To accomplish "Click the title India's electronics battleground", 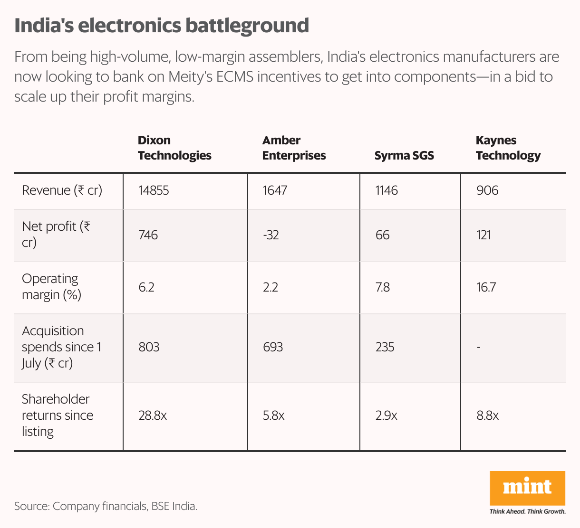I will pos(162,26).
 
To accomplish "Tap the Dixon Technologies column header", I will pos(174,148).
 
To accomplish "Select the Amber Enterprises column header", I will pos(294,148).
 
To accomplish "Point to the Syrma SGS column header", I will pos(404,155).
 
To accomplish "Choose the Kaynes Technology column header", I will pos(508,148).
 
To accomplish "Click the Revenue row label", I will pos(62,190).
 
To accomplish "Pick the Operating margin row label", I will pos(51,287).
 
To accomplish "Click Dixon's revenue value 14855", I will pos(154,190).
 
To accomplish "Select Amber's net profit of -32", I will pos(271,235).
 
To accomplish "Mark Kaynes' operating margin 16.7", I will pos(486,287).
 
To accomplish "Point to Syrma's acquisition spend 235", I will pos(385,347).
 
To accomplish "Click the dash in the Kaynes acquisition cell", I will pos(478,348).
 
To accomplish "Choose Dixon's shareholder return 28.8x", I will pos(153,416).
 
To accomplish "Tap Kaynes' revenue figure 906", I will pos(487,190).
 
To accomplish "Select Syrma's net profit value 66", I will pos(382,235).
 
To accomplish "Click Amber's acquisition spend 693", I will pos(272,347).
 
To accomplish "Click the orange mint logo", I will pos(527,488).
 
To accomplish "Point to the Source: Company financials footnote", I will pos(106,506).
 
